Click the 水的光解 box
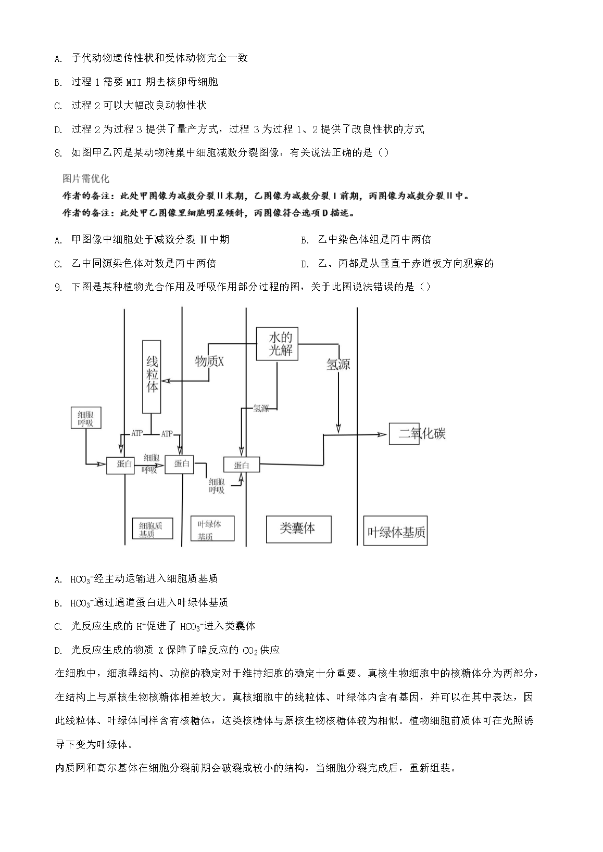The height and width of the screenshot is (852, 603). [281, 343]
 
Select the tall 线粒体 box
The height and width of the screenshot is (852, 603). [152, 377]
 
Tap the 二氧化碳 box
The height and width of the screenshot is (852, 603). [405, 433]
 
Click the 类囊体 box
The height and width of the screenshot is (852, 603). [298, 528]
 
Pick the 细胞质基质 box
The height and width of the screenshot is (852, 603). [153, 528]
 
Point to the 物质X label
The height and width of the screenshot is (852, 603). [209, 362]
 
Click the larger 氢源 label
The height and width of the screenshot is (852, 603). [338, 364]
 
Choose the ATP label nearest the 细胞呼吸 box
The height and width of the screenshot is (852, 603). [136, 433]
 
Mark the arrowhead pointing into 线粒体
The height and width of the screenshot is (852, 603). [165, 382]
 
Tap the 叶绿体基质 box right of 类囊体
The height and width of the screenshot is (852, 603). [396, 531]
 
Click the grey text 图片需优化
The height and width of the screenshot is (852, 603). [85, 179]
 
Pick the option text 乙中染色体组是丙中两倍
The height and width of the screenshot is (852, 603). [374, 240]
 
